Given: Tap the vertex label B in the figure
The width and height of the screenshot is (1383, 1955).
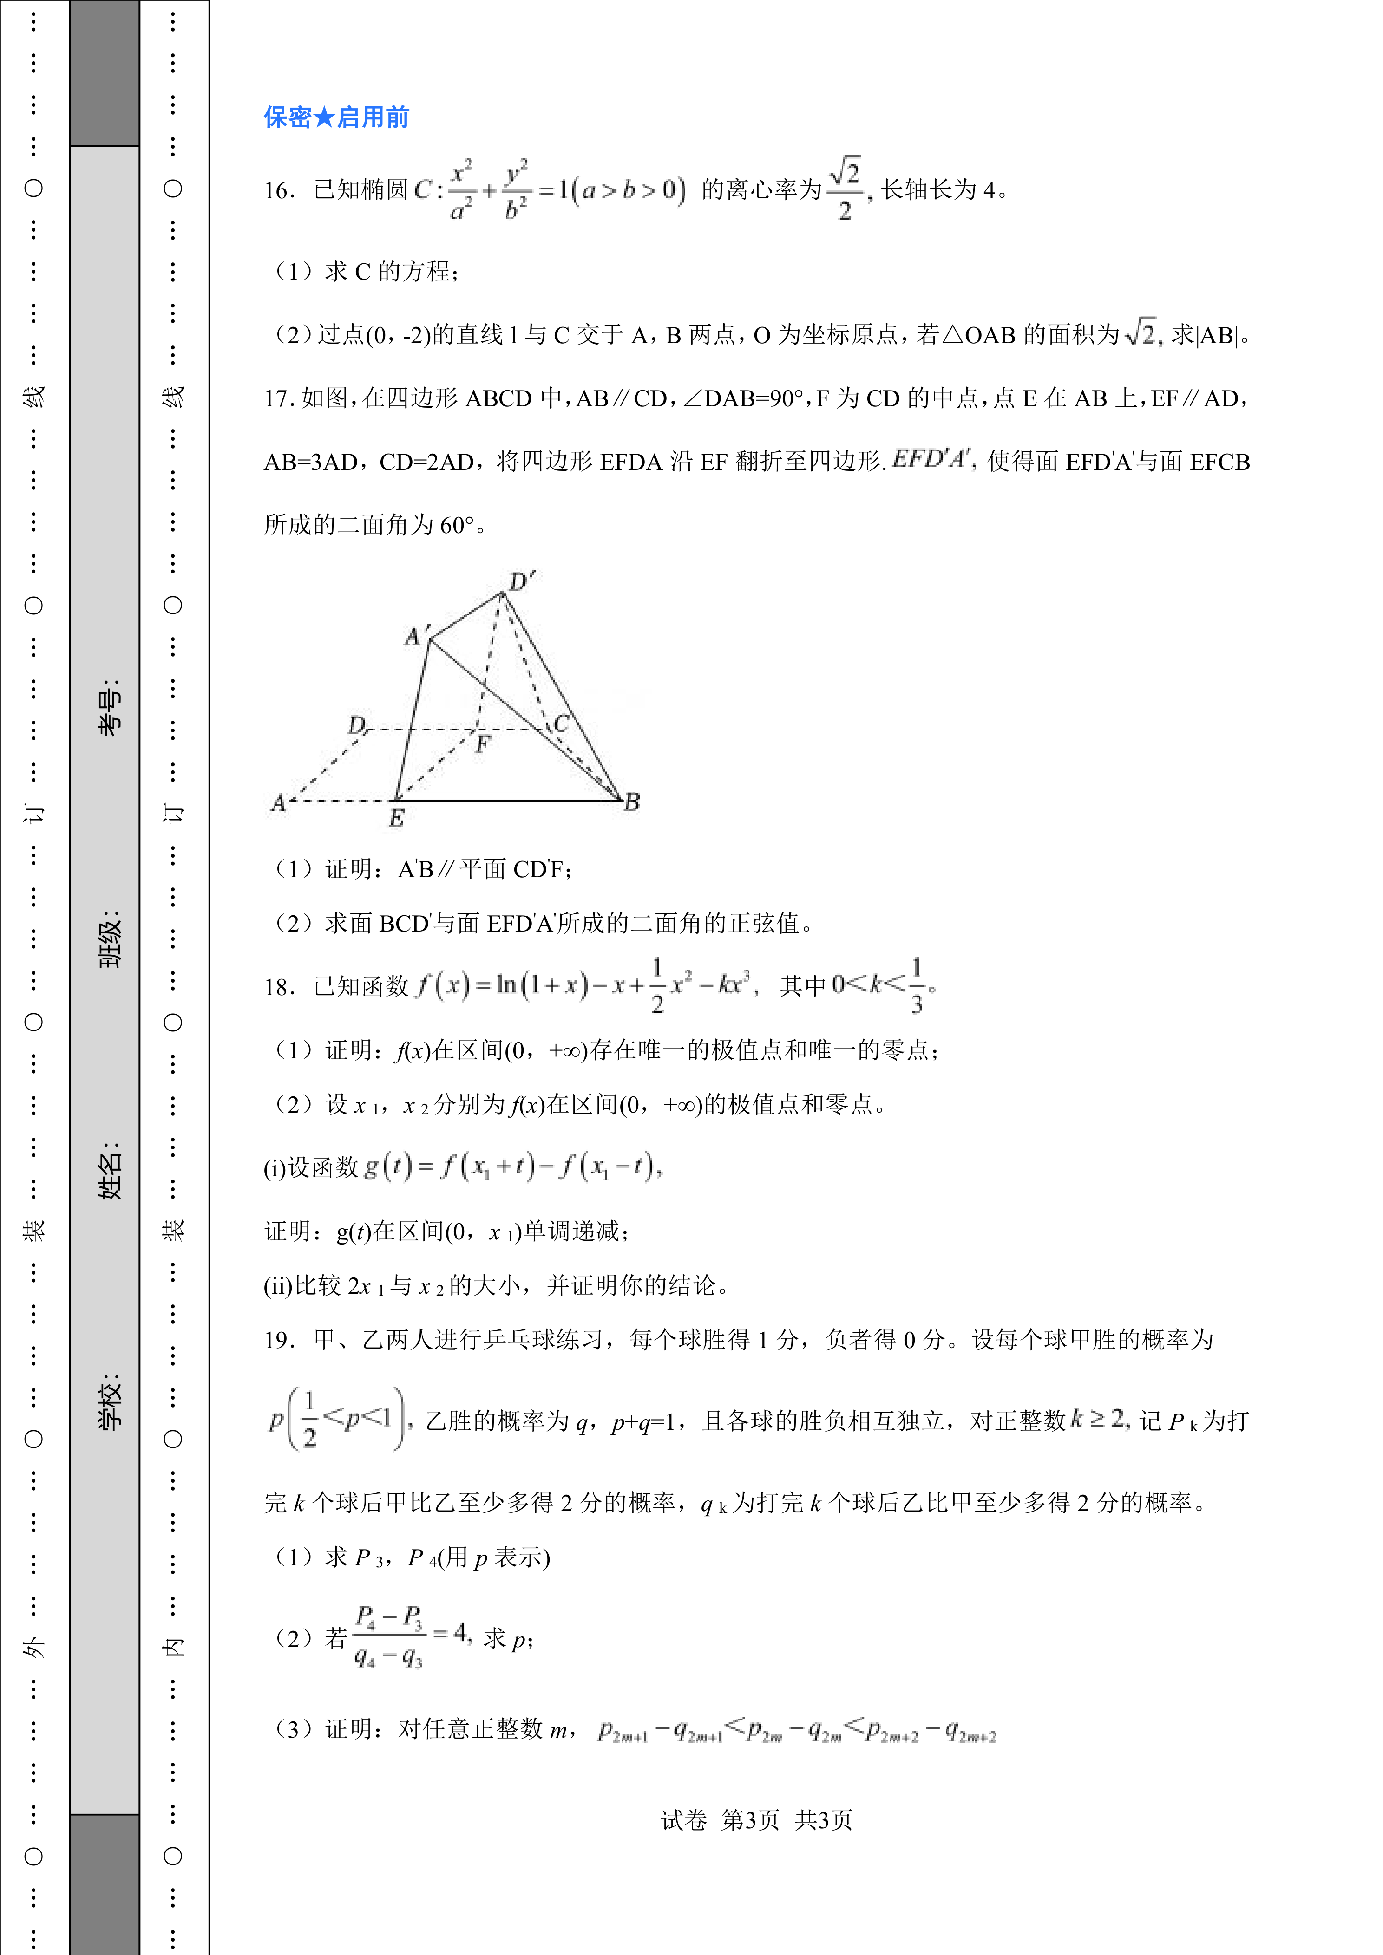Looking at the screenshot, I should click(x=632, y=801).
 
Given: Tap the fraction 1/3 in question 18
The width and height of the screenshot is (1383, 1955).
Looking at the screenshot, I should click(x=916, y=986).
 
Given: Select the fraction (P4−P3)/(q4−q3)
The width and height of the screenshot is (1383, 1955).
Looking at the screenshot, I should click(x=389, y=1636).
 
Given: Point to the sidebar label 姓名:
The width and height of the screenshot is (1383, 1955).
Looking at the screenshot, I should click(x=109, y=1170).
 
